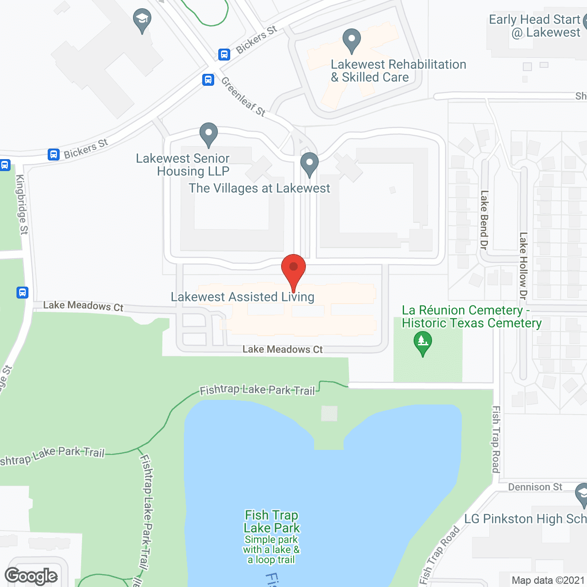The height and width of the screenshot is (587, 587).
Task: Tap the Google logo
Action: pos(31,576)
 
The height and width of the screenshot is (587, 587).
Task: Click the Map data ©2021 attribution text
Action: pos(548,581)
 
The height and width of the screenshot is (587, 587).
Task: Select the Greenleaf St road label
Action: pos(243,97)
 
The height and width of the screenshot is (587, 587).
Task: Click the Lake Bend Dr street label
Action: pos(484,220)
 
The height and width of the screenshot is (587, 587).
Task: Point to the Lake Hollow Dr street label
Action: pos(523,266)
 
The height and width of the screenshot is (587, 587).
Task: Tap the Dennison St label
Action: pos(535,487)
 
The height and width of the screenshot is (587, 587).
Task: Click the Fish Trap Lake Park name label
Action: pos(271,522)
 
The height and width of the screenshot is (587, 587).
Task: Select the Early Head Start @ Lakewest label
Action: pos(535,26)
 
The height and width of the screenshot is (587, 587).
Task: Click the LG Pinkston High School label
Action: pos(525,519)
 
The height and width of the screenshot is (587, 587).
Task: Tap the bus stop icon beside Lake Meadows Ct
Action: pos(22,293)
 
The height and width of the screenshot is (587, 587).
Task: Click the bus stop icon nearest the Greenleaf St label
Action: pos(208,80)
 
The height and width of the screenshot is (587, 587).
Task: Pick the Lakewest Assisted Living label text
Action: pos(243,297)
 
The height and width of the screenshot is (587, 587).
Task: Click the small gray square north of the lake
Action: pos(329,414)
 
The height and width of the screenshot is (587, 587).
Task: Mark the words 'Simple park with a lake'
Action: pos(271,545)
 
